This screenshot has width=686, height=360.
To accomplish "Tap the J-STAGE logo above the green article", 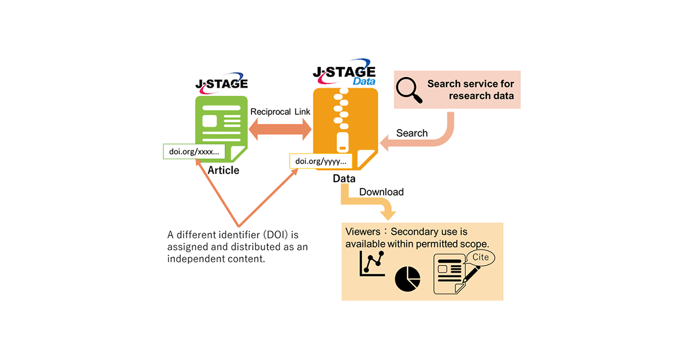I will (x=222, y=83).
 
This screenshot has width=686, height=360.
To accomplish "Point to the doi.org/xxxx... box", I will (x=194, y=152).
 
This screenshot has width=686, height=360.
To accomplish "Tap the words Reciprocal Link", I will (x=280, y=111).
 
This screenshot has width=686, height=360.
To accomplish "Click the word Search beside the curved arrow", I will (x=412, y=133).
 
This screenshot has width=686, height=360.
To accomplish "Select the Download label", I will (x=381, y=192).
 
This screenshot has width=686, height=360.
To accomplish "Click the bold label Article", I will (x=224, y=170).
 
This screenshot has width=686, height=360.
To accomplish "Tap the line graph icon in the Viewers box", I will (x=372, y=265).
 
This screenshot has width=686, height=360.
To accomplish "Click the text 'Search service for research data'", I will (x=470, y=90).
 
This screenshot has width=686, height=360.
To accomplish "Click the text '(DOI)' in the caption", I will (x=254, y=234).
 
